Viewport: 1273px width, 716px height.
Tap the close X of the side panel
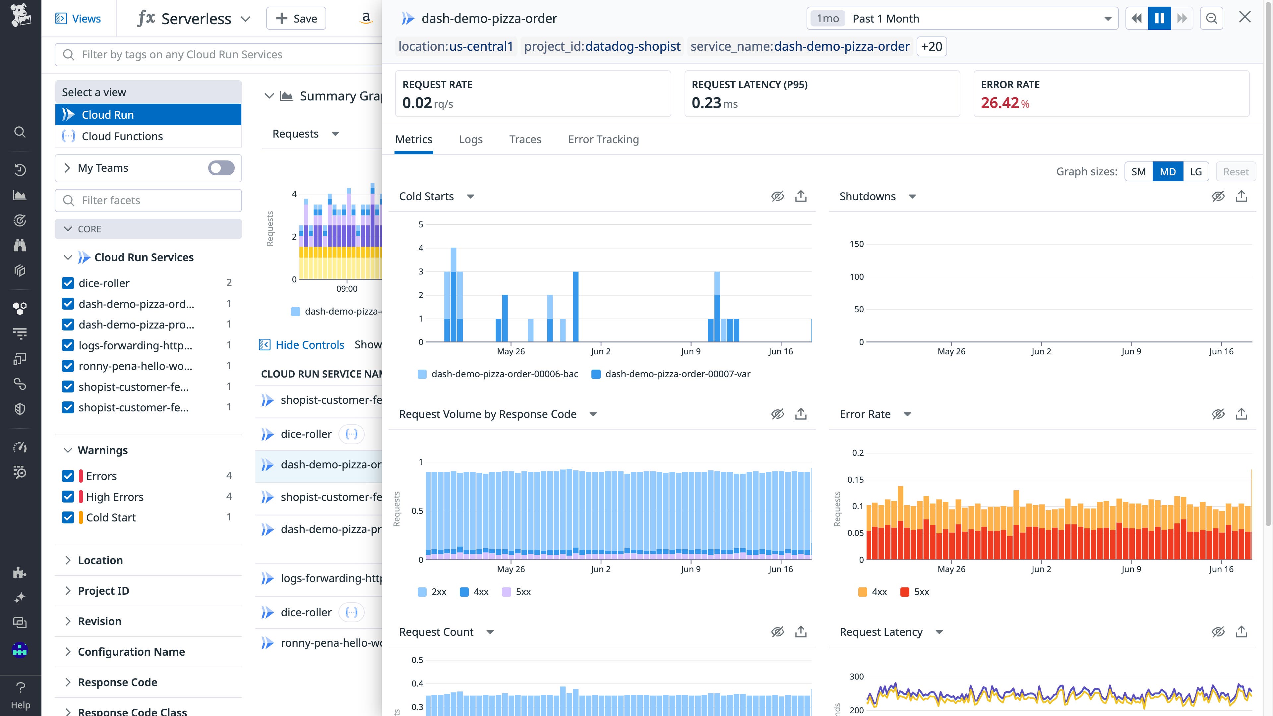pyautogui.click(x=1244, y=18)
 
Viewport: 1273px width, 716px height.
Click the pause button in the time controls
pyautogui.click(x=1159, y=19)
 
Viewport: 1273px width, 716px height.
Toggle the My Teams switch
pyautogui.click(x=221, y=168)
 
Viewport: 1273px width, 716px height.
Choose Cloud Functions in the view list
pyautogui.click(x=122, y=136)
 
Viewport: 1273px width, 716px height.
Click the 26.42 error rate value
pyautogui.click(x=1000, y=103)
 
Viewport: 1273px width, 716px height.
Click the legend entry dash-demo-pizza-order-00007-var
pyautogui.click(x=677, y=374)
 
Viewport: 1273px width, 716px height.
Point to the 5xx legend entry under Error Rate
pyautogui.click(x=921, y=592)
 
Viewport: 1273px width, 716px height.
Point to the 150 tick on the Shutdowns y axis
pyautogui.click(x=856, y=244)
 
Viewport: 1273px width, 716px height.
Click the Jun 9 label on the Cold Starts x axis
pyautogui.click(x=690, y=351)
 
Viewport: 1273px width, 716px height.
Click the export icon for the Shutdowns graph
pyautogui.click(x=1241, y=197)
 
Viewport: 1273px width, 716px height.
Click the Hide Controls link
pyautogui.click(x=309, y=345)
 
